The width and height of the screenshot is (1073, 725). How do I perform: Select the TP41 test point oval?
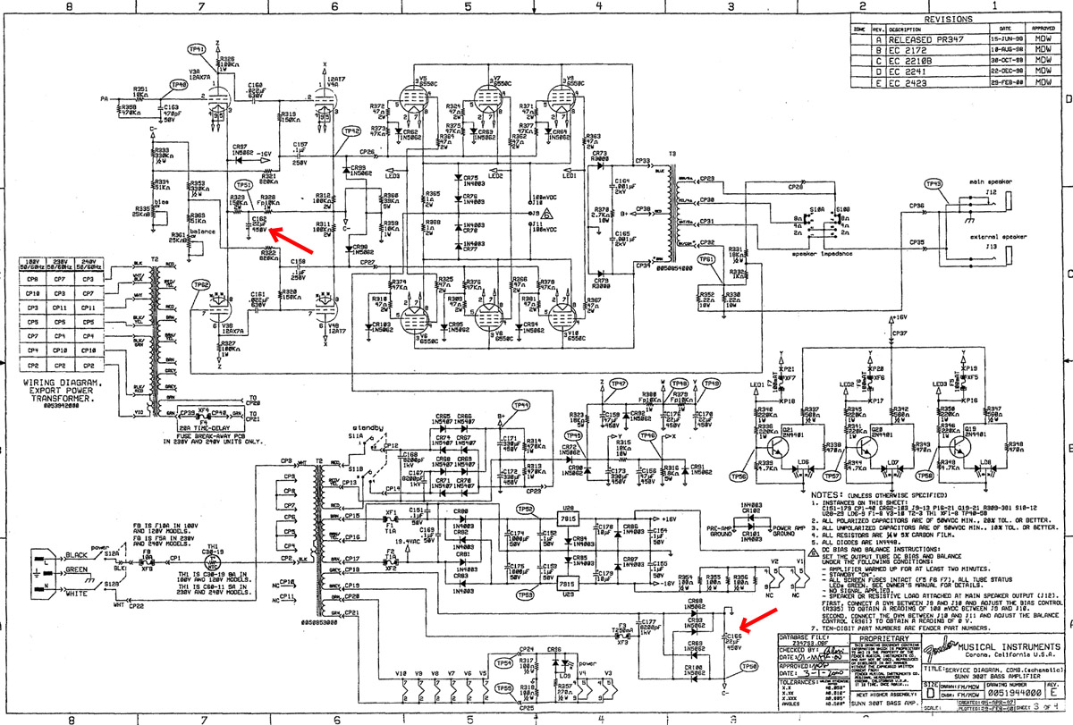[198, 49]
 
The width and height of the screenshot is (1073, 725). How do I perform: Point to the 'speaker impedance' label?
[824, 254]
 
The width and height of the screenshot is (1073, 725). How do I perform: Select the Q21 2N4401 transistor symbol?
[777, 435]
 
